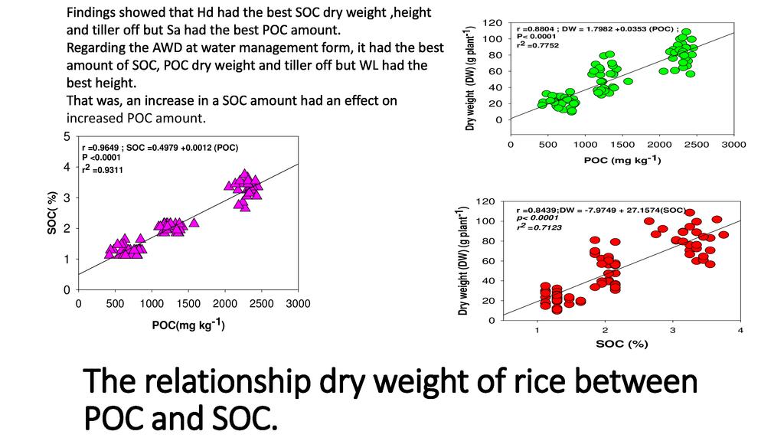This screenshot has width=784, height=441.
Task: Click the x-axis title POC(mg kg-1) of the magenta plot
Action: (x=188, y=325)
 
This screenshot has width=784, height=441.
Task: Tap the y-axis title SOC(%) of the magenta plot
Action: (x=53, y=214)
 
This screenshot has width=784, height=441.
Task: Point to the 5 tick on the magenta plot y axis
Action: (x=67, y=136)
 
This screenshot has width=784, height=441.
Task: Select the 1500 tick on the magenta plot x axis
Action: (x=188, y=303)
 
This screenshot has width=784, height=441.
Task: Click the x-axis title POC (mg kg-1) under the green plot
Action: (x=622, y=160)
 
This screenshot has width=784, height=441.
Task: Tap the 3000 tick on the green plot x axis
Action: (x=733, y=143)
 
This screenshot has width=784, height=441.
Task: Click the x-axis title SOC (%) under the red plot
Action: (x=622, y=344)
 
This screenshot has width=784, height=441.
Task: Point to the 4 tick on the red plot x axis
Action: (x=740, y=330)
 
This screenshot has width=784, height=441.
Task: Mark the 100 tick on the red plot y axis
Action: (x=487, y=221)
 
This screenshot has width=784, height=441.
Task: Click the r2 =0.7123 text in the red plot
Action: (x=538, y=227)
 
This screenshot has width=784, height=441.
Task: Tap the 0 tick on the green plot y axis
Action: (x=499, y=119)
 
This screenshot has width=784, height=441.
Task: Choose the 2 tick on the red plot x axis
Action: (x=605, y=330)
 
